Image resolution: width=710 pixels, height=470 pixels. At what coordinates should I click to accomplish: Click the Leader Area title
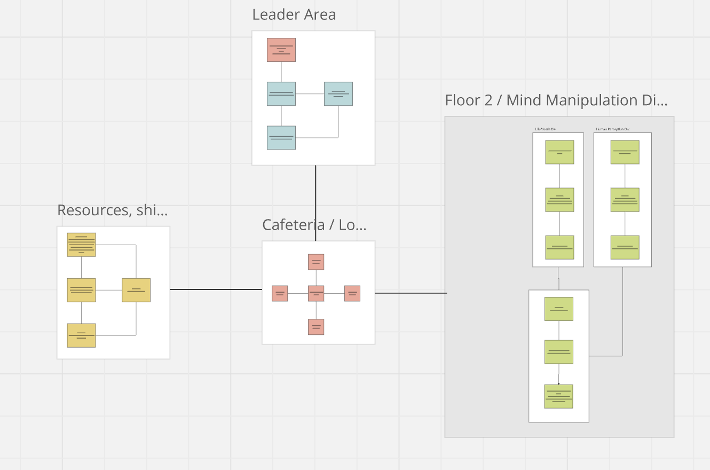point(294,14)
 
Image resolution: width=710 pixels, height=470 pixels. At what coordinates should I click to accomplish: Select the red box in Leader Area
point(281,50)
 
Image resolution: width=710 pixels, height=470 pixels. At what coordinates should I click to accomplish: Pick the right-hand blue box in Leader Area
point(338,93)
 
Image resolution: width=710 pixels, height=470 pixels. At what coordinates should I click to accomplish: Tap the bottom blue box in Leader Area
point(281,137)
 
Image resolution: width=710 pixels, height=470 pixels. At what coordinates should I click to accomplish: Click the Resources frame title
point(113,210)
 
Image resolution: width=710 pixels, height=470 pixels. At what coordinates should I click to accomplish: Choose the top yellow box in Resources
point(81,245)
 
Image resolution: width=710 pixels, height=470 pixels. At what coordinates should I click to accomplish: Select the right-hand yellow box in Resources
point(136,290)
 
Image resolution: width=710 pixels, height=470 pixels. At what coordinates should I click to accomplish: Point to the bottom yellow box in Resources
point(81,335)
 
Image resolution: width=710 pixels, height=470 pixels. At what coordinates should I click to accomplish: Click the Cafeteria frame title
point(314,225)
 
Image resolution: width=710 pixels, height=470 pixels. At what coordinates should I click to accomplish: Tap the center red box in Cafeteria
point(316,293)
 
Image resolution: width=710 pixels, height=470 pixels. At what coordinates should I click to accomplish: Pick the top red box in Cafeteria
point(316,262)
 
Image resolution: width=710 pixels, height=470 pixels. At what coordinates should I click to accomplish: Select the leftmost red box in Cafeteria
point(280,293)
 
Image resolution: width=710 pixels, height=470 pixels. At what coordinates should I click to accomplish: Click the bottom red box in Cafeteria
point(316,326)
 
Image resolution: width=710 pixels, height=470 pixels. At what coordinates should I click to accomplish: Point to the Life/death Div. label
point(546,129)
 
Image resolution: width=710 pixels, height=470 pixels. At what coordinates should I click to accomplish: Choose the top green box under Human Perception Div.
point(625,152)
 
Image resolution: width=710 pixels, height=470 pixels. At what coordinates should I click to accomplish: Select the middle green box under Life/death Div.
point(559,200)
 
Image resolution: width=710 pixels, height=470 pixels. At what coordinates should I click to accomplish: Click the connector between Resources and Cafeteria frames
point(216,289)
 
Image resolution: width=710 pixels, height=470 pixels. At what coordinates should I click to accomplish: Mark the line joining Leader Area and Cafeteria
point(315,203)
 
